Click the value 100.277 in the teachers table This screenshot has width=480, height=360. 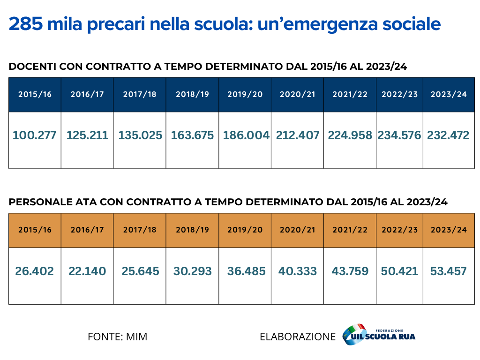34,135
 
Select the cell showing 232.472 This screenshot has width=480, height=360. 448,135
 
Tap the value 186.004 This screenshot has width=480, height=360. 246,135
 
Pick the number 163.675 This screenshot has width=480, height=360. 192,135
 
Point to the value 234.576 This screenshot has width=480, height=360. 399,135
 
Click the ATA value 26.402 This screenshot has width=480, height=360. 34,271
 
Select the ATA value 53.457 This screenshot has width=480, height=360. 448,271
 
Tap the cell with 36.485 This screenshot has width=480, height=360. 246,271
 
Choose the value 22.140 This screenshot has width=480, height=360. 87,271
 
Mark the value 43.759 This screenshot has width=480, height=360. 350,271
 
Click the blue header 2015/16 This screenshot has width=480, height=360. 35,94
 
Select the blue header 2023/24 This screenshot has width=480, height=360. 449,94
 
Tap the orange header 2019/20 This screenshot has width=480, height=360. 245,230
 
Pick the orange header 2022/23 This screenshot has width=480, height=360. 399,230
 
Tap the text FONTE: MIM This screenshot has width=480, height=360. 117,337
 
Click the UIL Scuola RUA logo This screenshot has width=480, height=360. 379,335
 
